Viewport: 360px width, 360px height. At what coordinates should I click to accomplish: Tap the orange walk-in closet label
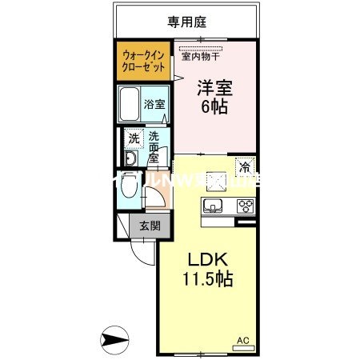145,62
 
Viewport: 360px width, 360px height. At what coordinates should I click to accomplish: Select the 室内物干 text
201,56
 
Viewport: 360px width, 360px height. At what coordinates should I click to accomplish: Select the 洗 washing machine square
134,138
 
